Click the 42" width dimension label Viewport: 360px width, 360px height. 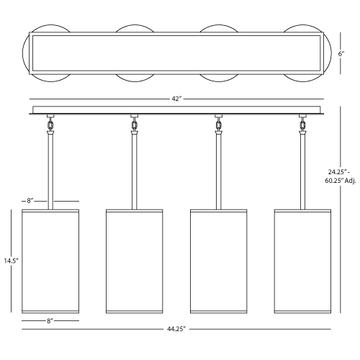tap(176, 99)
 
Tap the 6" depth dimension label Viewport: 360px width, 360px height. tap(341, 54)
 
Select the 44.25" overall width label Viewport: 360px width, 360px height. tap(176, 329)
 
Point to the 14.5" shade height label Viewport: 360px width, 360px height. tap(11, 261)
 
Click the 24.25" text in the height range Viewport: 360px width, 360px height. tap(338, 172)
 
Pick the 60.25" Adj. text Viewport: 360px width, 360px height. tap(341, 181)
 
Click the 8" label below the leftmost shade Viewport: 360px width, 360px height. tap(50, 321)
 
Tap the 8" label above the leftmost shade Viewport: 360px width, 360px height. tap(30, 201)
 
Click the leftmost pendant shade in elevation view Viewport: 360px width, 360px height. tap(50, 261)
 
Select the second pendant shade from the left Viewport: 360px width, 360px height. tap(135, 261)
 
